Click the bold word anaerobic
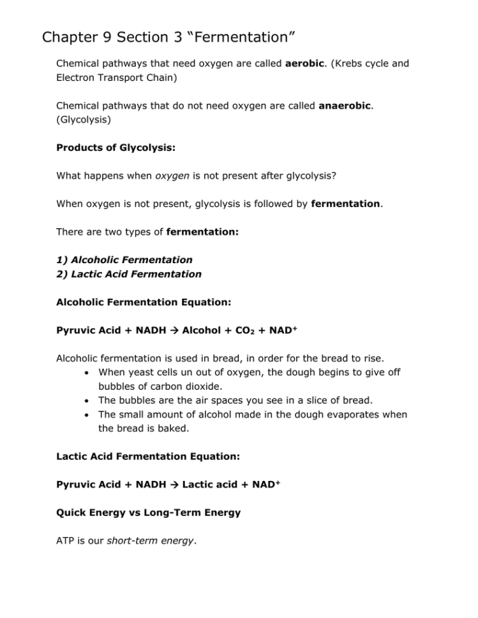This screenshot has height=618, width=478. pos(344,106)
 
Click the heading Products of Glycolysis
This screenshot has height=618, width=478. pos(116,148)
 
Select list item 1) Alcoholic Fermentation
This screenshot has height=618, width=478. pos(124,260)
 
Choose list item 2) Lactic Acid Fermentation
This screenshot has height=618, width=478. pos(129,274)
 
